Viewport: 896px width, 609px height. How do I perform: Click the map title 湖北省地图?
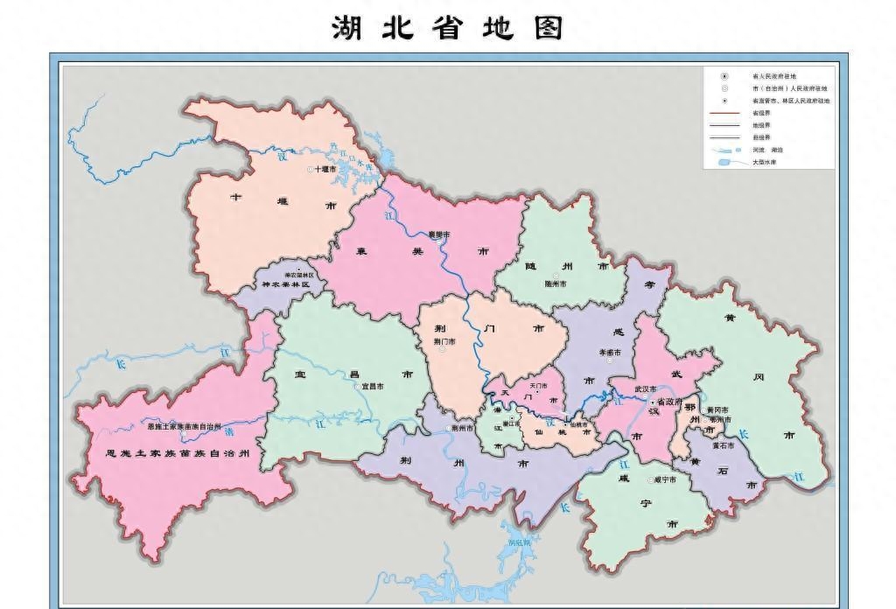pyautogui.click(x=447, y=27)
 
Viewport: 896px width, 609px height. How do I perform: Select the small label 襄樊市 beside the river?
pyautogui.click(x=438, y=235)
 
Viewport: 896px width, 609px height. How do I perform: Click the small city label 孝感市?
pyautogui.click(x=609, y=353)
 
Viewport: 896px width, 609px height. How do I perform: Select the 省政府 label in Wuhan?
pyautogui.click(x=668, y=402)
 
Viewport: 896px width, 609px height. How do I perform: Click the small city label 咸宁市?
pyautogui.click(x=666, y=479)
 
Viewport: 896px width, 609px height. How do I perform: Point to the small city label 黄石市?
pyautogui.click(x=723, y=445)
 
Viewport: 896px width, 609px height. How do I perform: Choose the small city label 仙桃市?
pyautogui.click(x=579, y=426)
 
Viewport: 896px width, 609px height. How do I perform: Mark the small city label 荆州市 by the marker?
pyautogui.click(x=463, y=429)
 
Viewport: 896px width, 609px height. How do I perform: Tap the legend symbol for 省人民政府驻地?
pyautogui.click(x=724, y=76)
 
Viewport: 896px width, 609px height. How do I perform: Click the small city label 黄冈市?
pyautogui.click(x=718, y=409)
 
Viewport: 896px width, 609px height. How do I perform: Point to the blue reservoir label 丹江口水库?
pyautogui.click(x=346, y=159)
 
